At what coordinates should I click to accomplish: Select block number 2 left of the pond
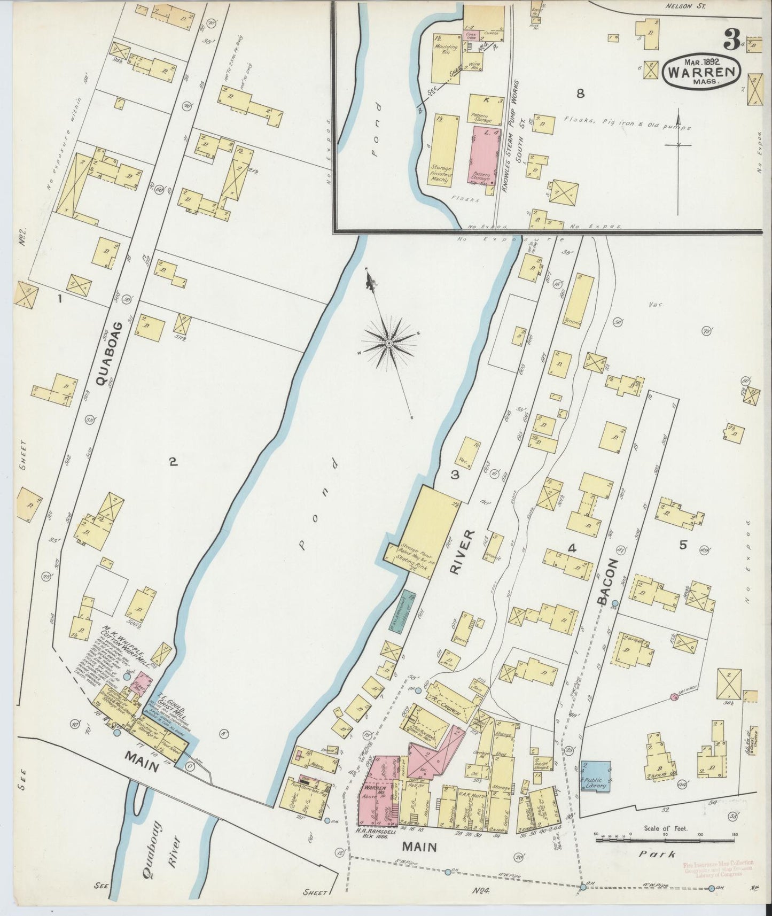point(173,462)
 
